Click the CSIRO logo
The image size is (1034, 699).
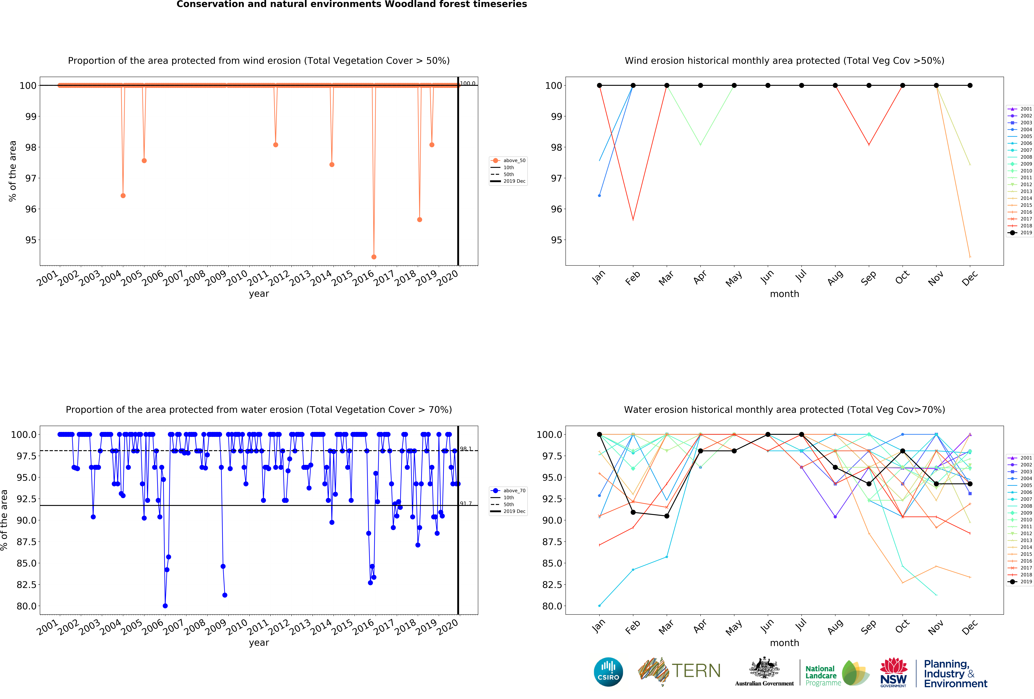(608, 672)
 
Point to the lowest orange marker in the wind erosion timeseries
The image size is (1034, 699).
(374, 257)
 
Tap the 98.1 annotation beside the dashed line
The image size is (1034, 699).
(465, 449)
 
